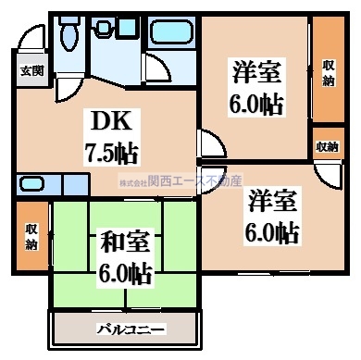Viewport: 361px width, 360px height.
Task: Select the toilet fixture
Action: point(67,34)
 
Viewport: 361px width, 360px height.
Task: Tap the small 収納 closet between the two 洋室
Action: point(328,146)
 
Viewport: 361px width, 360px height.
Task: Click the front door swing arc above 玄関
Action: point(29,44)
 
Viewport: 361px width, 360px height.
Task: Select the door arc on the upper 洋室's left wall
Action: point(210,145)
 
